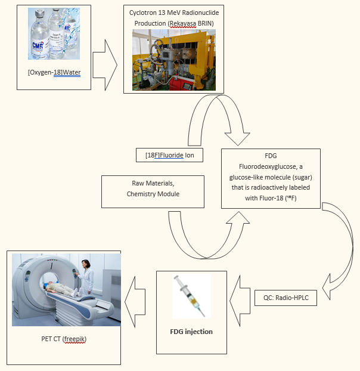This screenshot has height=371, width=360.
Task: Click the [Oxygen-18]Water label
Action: [x=54, y=72]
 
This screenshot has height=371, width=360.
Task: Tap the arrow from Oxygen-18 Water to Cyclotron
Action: [x=105, y=65]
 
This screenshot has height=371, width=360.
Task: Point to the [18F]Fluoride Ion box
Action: [x=169, y=155]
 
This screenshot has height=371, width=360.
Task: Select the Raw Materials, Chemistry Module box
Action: [x=153, y=191]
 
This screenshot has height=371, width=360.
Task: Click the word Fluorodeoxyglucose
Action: [x=268, y=166]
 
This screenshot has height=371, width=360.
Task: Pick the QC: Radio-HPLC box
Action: [x=285, y=298]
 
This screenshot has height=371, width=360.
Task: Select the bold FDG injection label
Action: [x=191, y=332]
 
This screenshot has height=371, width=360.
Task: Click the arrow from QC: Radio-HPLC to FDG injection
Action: [x=240, y=301]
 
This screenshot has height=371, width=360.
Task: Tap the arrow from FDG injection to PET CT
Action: [x=135, y=302]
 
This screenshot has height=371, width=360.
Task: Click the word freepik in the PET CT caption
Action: [x=75, y=339]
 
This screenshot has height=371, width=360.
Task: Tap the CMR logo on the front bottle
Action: [x=38, y=45]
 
